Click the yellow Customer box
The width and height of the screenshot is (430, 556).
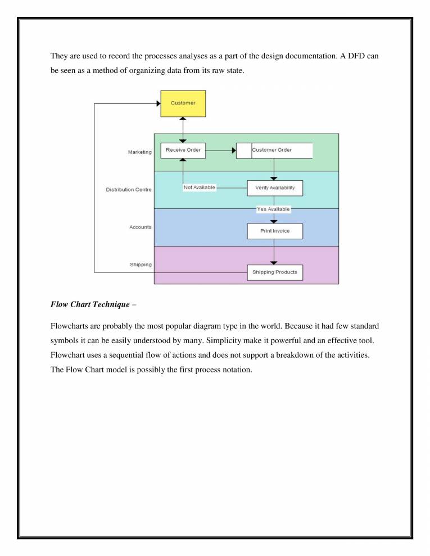tap(183, 103)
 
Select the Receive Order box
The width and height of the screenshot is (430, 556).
tap(183, 150)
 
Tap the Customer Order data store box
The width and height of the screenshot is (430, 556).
tap(274, 150)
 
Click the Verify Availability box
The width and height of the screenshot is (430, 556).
tap(275, 188)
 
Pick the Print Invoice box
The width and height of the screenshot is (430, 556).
tap(275, 231)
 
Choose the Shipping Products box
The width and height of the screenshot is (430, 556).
tap(275, 272)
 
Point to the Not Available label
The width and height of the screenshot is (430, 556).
tap(200, 188)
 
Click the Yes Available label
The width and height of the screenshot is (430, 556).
tap(274, 209)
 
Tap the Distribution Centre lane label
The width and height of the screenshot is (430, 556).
tap(129, 189)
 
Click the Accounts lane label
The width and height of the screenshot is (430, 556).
tap(139, 227)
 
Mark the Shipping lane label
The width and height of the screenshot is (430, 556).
tap(141, 265)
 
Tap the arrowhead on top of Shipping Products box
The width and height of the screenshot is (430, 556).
tap(274, 262)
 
